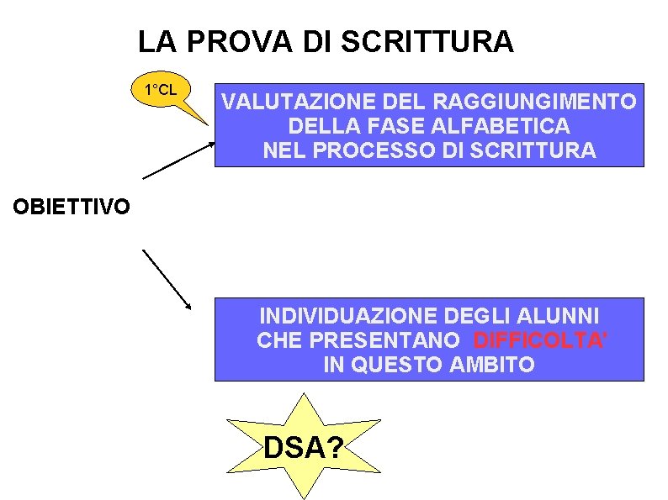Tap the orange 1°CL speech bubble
161,90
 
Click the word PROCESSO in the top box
367,151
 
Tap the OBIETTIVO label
71,206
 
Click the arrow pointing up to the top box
178,160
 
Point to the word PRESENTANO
385,340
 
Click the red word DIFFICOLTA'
541,340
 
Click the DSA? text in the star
303,448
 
